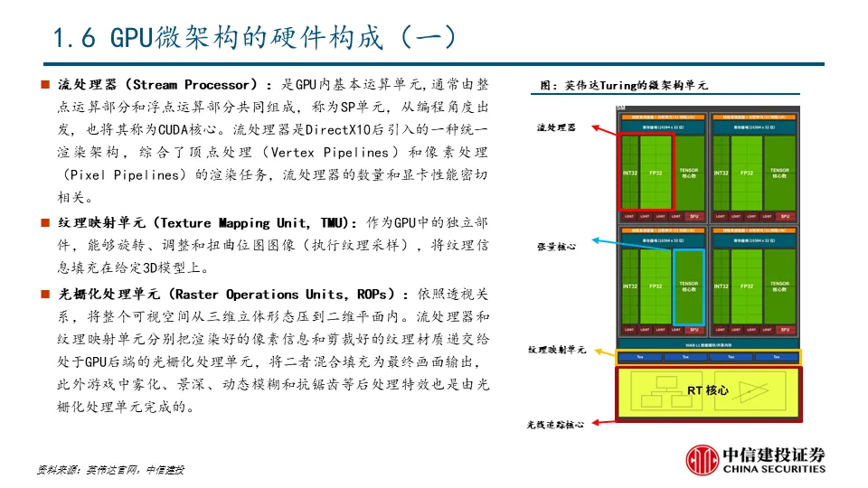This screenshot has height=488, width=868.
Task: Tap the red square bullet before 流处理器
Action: pyautogui.click(x=43, y=85)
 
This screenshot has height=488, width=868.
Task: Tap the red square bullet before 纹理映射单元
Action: pyautogui.click(x=43, y=223)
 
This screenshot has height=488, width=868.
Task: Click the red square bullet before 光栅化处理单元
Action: pyautogui.click(x=43, y=295)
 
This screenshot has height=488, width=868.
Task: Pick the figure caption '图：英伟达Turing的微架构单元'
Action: pyautogui.click(x=624, y=86)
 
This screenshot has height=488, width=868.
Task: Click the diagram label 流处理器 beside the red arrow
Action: pyautogui.click(x=556, y=128)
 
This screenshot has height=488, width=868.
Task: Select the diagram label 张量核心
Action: pyautogui.click(x=556, y=246)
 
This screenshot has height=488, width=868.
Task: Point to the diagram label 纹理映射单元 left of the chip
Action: pyautogui.click(x=557, y=350)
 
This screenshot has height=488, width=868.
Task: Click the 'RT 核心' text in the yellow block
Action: pyautogui.click(x=707, y=390)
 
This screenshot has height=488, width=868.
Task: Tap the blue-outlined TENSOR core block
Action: pyautogui.click(x=688, y=287)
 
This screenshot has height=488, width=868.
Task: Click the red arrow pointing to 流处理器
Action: pyautogui.click(x=598, y=128)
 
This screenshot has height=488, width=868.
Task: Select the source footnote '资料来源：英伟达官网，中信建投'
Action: pyautogui.click(x=110, y=470)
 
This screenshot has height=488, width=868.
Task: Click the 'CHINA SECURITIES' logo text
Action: pyautogui.click(x=774, y=469)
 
